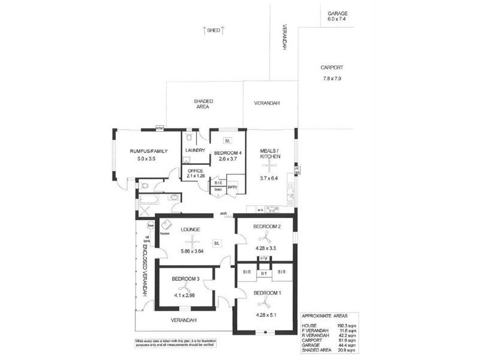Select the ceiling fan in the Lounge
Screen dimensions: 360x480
(x=181, y=241)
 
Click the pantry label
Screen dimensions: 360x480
(x=232, y=187)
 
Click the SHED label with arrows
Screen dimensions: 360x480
(x=214, y=29)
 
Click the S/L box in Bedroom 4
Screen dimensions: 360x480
(x=227, y=141)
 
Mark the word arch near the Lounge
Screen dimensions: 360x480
(x=223, y=213)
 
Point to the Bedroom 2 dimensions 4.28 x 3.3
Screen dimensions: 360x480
(x=267, y=246)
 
